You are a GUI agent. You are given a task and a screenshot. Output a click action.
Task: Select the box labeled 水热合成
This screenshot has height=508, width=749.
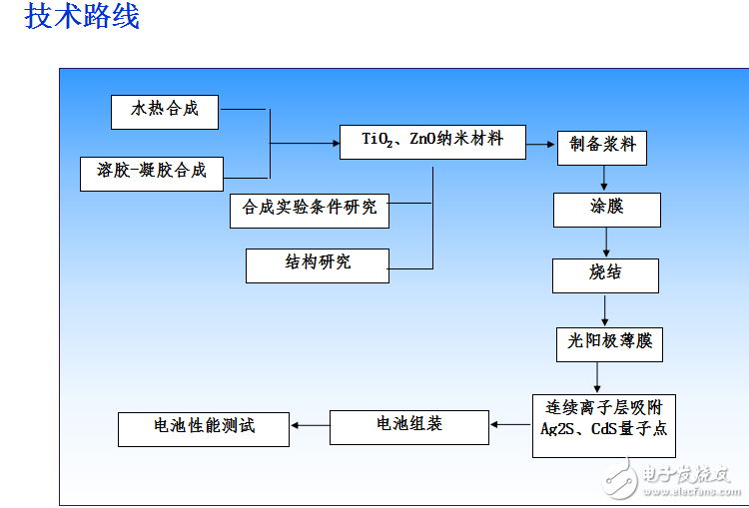click(165, 111)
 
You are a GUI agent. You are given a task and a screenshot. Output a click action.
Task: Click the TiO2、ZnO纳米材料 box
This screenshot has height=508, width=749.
click(432, 141)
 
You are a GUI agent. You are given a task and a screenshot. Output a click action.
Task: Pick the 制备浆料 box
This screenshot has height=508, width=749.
click(602, 146)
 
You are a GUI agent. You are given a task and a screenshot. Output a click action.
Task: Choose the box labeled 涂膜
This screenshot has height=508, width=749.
click(606, 209)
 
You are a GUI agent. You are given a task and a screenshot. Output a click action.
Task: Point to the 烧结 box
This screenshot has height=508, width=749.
click(605, 274)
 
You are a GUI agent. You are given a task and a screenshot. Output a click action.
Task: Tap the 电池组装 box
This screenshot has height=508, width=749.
click(408, 426)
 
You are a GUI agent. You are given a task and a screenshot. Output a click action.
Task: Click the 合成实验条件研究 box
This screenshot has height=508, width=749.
click(310, 209)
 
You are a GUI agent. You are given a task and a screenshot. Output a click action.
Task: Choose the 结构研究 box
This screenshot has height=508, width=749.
click(318, 264)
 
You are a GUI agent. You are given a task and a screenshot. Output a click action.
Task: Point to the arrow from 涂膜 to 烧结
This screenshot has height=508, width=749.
click(604, 243)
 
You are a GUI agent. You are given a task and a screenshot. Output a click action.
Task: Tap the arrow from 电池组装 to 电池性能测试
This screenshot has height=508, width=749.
click(311, 427)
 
